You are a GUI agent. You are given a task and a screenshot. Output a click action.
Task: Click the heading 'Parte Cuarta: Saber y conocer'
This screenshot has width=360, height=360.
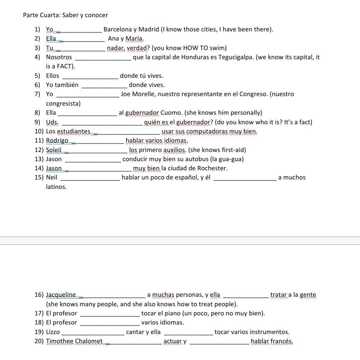pyautogui.click(x=65, y=15)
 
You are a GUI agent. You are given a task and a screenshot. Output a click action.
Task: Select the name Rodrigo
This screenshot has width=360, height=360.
pyautogui.click(x=57, y=140)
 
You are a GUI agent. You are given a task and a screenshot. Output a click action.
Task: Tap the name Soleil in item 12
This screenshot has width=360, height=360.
pyautogui.click(x=54, y=150)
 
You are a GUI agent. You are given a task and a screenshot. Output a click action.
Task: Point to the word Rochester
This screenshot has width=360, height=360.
pyautogui.click(x=212, y=168)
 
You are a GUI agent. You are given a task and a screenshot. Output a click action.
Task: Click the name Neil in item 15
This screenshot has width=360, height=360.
pyautogui.click(x=52, y=178)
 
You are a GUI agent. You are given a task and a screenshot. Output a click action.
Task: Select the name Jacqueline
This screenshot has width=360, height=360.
pyautogui.click(x=61, y=295)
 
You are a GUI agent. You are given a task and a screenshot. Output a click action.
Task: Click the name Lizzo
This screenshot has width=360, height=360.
pyautogui.click(x=53, y=332)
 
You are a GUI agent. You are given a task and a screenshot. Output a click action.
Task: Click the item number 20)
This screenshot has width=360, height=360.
pyautogui.click(x=39, y=341)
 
